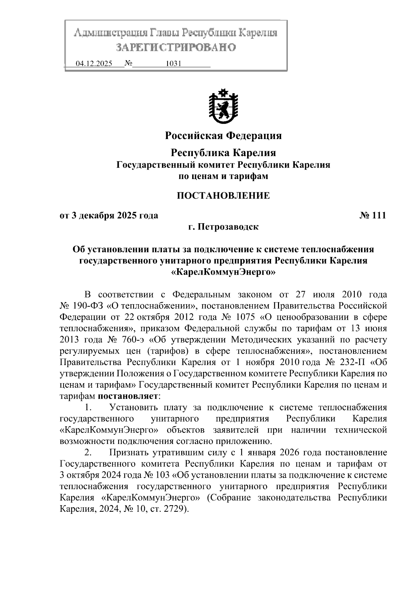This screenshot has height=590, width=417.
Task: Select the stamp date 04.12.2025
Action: [x=94, y=64]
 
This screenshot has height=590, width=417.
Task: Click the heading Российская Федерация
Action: [x=223, y=135]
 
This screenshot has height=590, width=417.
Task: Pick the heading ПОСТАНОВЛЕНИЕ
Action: [x=223, y=195]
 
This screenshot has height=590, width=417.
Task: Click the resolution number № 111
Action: [x=373, y=216]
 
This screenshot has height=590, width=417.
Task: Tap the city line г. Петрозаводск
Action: [x=223, y=227]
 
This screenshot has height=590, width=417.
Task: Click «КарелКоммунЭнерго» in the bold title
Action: [x=223, y=272]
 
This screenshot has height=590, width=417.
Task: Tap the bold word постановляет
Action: [x=128, y=396]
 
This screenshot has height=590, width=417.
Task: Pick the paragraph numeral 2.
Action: [x=88, y=452]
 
